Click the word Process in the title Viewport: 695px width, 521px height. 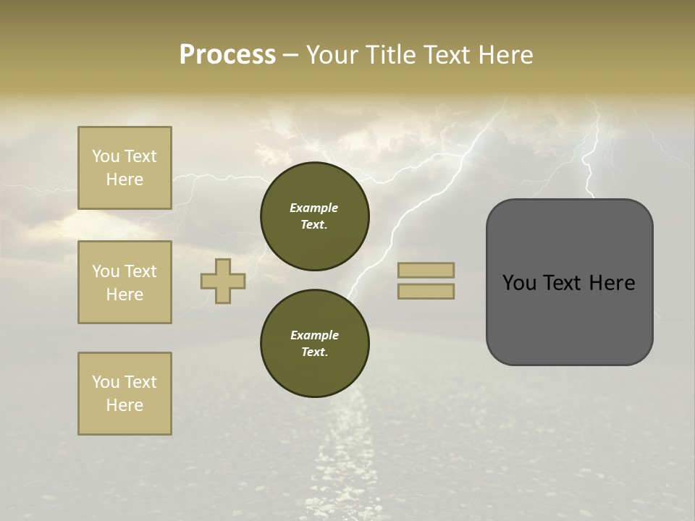click(x=227, y=55)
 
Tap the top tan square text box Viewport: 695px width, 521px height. click(x=125, y=168)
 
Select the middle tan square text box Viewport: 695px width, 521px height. click(x=125, y=282)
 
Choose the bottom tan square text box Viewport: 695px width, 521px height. click(x=125, y=394)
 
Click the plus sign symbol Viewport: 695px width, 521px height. click(x=223, y=281)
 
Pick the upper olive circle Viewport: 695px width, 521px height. click(x=315, y=216)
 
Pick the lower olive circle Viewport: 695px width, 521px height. click(x=315, y=344)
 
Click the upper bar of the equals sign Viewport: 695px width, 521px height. click(x=426, y=271)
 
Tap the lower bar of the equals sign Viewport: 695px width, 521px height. click(x=426, y=291)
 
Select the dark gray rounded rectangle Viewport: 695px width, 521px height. click(x=569, y=318)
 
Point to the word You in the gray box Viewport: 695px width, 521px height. click(x=518, y=283)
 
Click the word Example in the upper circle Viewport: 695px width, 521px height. click(x=314, y=208)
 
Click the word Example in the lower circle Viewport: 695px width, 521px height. click(x=314, y=335)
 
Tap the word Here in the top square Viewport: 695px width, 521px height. click(x=125, y=179)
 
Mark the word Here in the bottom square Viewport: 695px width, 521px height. click(x=125, y=405)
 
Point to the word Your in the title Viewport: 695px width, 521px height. click(x=332, y=55)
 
